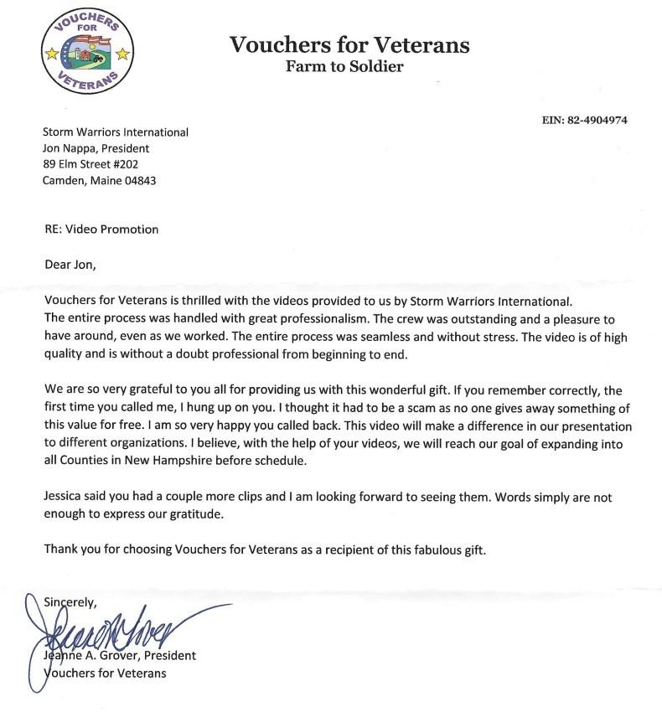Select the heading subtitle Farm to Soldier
point(344,67)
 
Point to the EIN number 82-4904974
point(597,121)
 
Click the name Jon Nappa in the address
point(71,148)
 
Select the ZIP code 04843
point(138,180)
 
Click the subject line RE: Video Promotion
point(101,229)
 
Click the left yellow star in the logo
point(52,54)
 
